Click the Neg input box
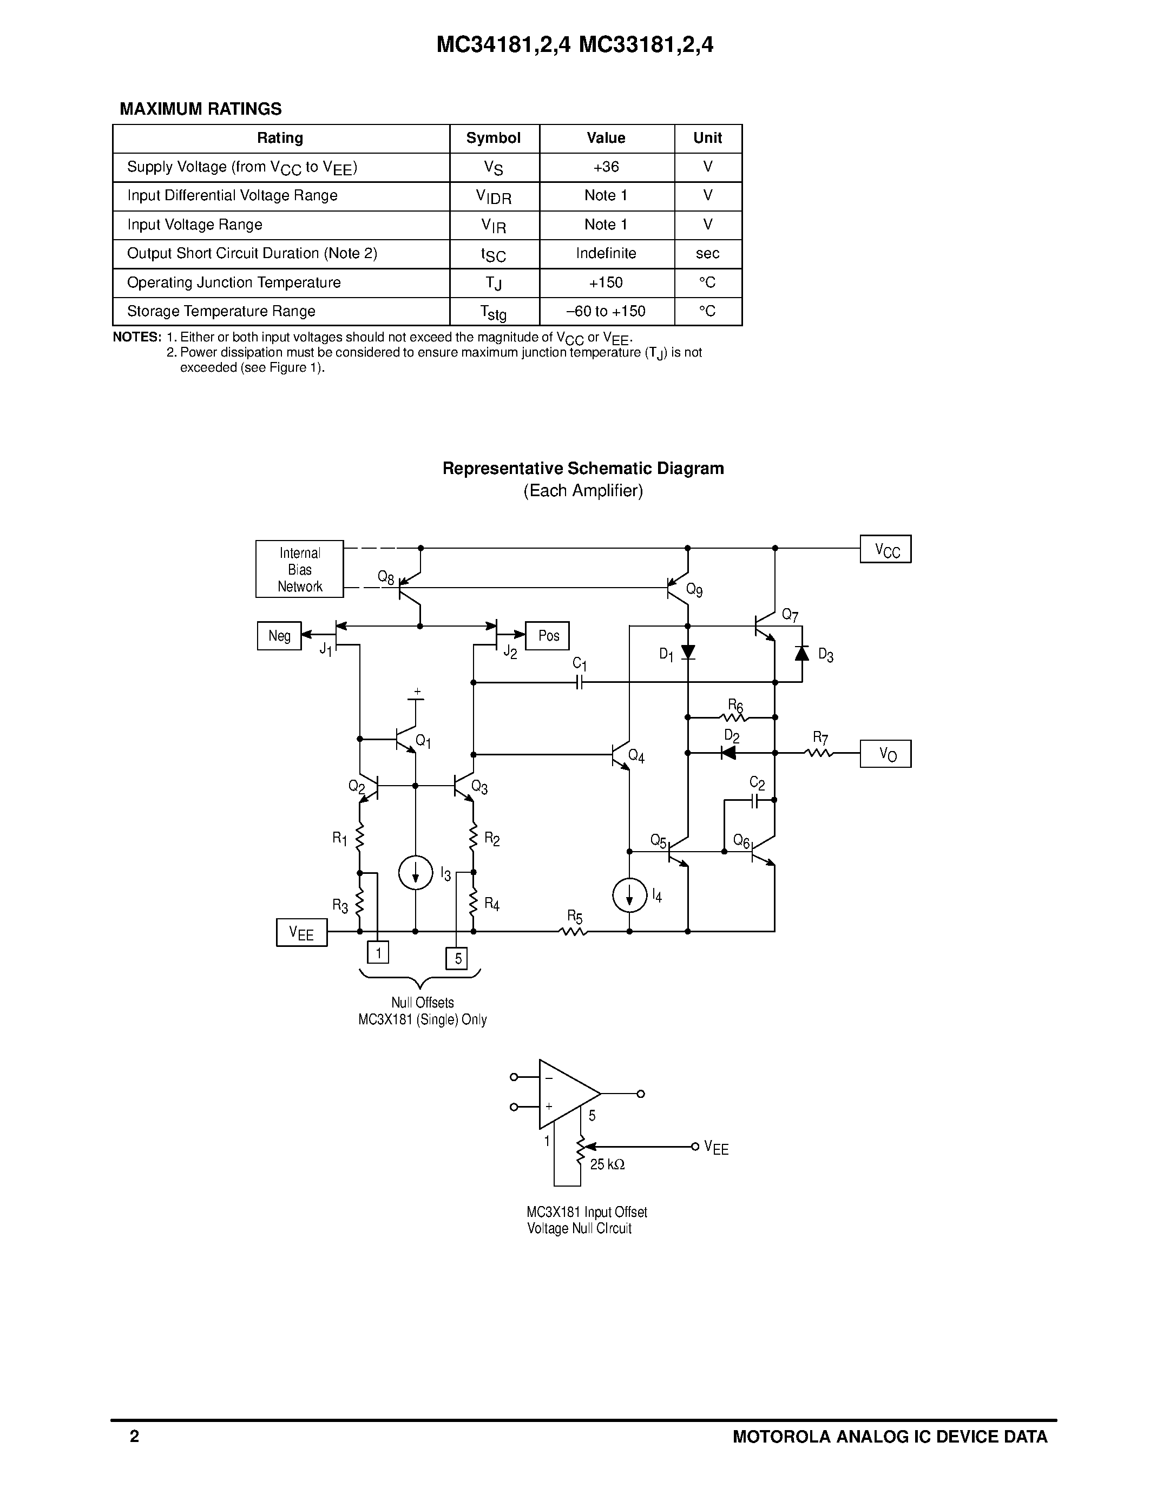[279, 636]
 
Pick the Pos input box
[547, 636]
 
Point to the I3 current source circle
[416, 873]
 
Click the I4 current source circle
[629, 896]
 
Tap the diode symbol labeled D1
[688, 652]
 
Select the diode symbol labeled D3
[802, 653]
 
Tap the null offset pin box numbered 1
[378, 952]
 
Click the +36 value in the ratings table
[606, 167]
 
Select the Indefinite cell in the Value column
[606, 253]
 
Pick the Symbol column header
[493, 139]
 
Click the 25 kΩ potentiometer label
[607, 1165]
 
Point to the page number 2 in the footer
[134, 1436]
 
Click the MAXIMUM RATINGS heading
[200, 109]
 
